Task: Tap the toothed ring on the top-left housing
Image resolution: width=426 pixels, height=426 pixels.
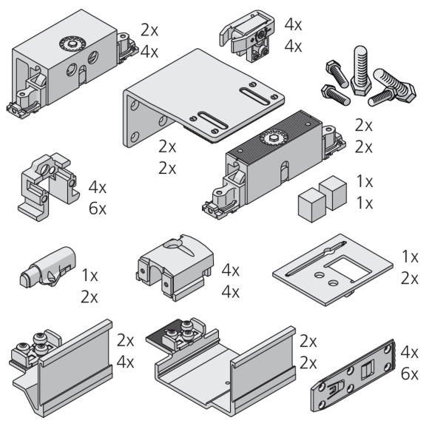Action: [72, 43]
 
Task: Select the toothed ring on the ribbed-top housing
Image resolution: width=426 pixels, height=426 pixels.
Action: [274, 138]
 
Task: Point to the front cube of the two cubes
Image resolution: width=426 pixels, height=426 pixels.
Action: [311, 205]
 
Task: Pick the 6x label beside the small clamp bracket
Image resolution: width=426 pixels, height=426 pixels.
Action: [98, 209]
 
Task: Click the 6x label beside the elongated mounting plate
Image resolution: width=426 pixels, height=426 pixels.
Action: [410, 374]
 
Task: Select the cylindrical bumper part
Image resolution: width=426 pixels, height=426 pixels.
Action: [48, 267]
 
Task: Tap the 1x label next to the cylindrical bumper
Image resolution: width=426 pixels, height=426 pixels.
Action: [89, 275]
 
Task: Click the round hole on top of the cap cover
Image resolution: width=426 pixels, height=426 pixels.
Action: [172, 244]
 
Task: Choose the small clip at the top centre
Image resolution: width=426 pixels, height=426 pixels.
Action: [247, 35]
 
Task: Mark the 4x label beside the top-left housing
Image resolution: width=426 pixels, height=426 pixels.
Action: [149, 52]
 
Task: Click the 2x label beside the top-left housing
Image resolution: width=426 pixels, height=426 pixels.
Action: [149, 30]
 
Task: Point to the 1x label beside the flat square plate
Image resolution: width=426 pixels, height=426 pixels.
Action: [410, 257]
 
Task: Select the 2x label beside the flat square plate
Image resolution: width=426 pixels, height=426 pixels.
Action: [410, 279]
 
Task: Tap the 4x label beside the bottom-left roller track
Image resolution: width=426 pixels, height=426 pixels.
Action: [126, 362]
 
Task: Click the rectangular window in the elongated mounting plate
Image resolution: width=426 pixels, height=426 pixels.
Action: [368, 369]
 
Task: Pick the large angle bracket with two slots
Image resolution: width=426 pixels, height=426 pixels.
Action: [203, 98]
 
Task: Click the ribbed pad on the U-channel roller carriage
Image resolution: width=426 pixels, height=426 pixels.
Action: [162, 333]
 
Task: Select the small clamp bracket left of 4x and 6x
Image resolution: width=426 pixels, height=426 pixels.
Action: [49, 186]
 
